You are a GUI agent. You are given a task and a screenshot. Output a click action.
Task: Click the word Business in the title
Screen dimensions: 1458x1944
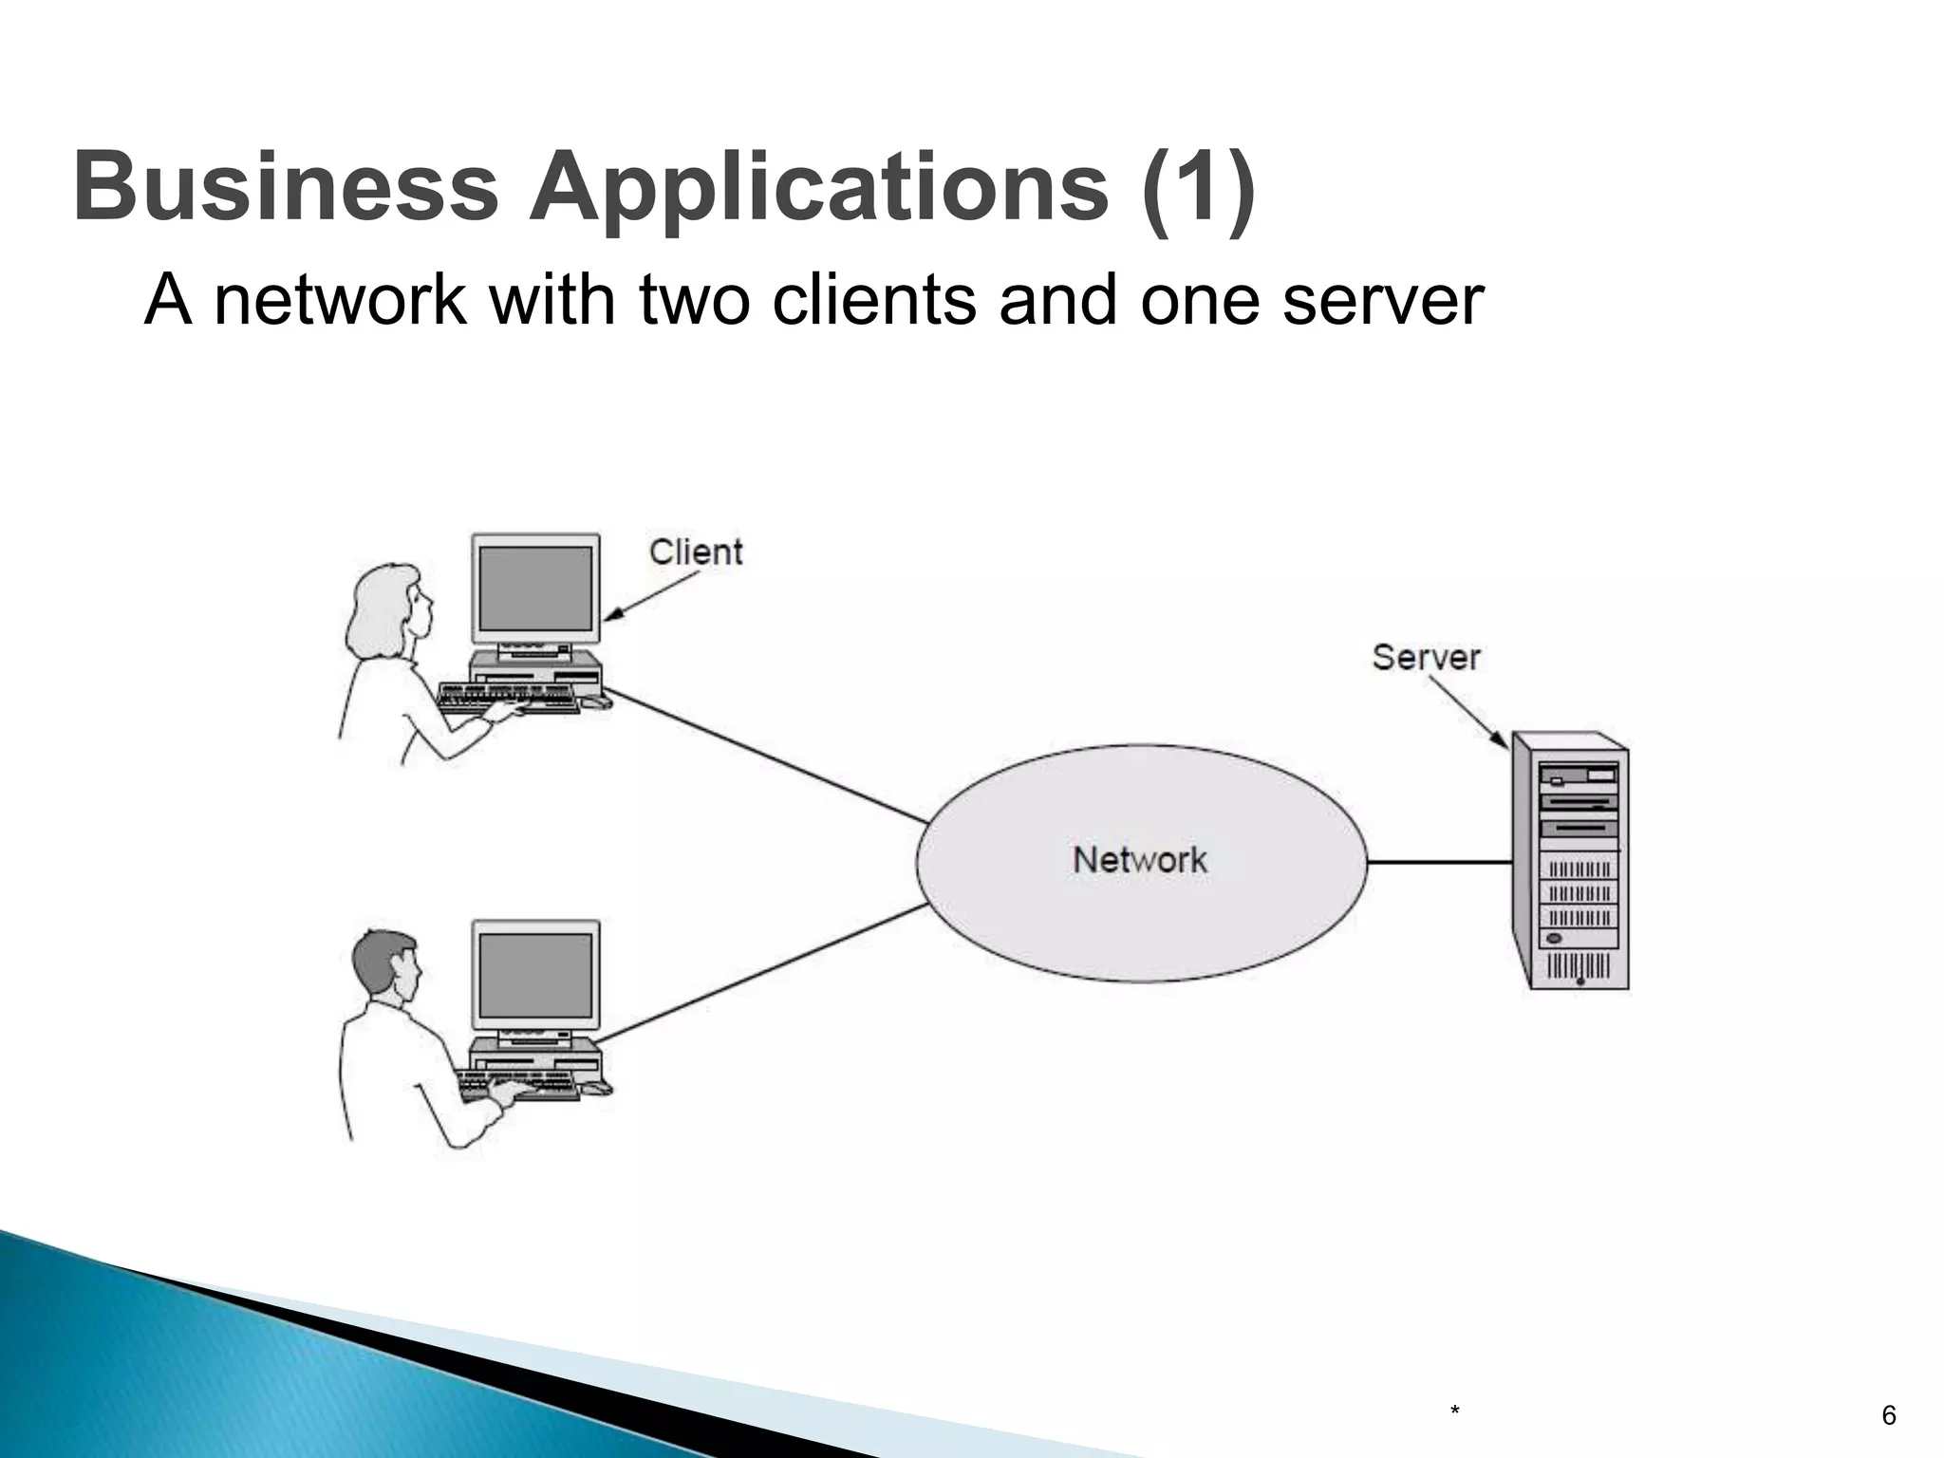(x=285, y=187)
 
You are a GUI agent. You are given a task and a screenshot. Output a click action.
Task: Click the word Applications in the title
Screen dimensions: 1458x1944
(x=818, y=187)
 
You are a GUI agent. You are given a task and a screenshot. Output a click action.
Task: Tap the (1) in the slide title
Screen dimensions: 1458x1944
(x=1198, y=187)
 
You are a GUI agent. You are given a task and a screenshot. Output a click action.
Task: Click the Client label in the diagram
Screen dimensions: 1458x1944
(x=696, y=551)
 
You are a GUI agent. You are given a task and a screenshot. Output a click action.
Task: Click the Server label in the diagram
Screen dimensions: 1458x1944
(x=1426, y=657)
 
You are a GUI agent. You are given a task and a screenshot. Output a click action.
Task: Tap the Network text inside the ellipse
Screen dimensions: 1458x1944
(x=1140, y=860)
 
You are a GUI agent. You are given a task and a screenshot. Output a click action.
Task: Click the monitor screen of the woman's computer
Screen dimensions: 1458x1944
(x=536, y=589)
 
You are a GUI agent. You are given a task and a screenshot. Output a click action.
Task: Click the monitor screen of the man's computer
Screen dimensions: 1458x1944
(x=536, y=975)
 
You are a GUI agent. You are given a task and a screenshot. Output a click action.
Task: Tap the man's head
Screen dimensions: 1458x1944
(x=384, y=963)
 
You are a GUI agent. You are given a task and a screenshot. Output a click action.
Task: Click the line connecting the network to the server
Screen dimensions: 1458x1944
(x=1438, y=862)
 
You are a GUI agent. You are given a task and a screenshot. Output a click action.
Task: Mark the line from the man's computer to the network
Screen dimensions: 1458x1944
(x=764, y=972)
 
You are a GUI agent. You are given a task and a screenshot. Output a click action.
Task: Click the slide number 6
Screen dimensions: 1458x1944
(x=1888, y=1415)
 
